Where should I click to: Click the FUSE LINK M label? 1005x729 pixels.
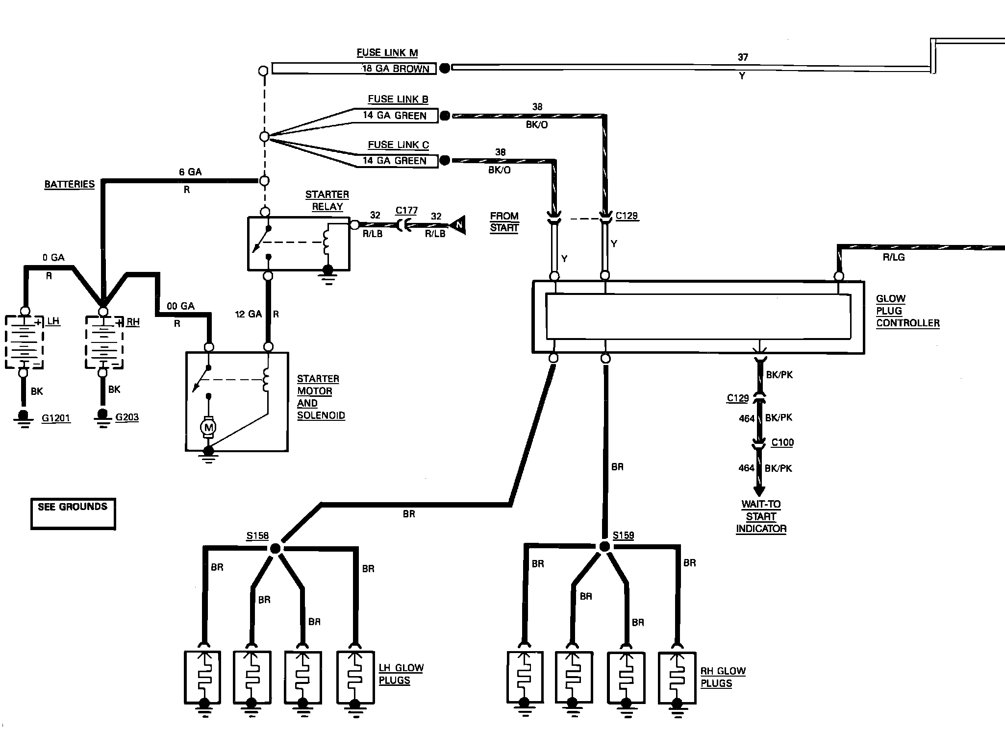click(x=387, y=53)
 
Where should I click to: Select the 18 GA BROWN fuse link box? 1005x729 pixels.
click(x=354, y=69)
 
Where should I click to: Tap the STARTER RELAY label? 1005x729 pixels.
click(x=327, y=200)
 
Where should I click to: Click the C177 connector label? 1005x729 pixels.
click(x=406, y=211)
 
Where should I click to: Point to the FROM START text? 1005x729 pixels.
click(x=504, y=222)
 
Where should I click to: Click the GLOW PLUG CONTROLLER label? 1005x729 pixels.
click(x=907, y=311)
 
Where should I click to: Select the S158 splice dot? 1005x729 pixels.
click(x=275, y=548)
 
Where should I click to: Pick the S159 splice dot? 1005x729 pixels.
click(x=604, y=547)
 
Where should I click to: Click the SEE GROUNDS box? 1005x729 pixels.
click(x=73, y=513)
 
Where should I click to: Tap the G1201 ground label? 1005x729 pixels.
click(x=56, y=418)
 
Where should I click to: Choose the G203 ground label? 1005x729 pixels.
click(x=127, y=417)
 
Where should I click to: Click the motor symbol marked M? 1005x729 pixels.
click(x=209, y=428)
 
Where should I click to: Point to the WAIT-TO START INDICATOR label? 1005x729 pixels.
click(x=761, y=516)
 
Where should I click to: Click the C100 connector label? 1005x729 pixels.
click(x=782, y=442)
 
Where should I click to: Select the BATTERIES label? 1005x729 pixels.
click(x=69, y=184)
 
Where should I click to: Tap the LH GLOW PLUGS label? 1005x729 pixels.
click(x=401, y=674)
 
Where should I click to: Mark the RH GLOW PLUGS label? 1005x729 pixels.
click(x=723, y=677)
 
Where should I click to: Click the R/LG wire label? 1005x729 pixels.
click(x=893, y=257)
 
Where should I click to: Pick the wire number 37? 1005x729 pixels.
click(x=743, y=57)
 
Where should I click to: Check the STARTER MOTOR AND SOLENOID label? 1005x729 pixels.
click(x=321, y=397)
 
